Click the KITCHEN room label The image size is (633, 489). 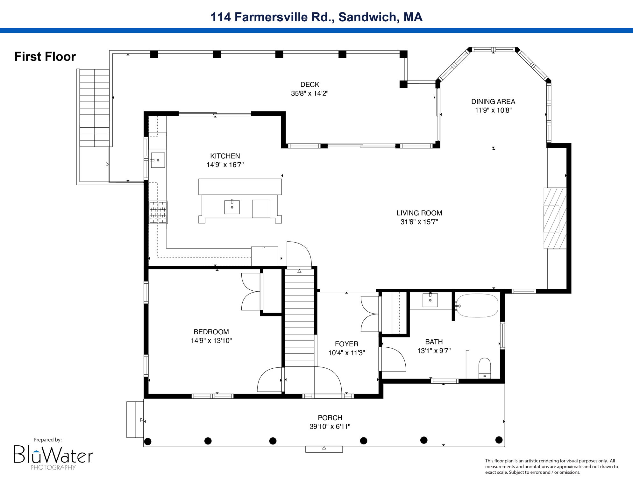coord(225,156)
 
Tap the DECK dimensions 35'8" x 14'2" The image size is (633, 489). coord(309,94)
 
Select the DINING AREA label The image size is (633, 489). coord(493,102)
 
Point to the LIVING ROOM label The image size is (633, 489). coord(419,213)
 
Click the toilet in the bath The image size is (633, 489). coord(485,368)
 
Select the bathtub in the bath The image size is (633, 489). coord(477,306)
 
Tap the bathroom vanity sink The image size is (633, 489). coord(430,300)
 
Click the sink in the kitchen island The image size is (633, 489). coord(232,207)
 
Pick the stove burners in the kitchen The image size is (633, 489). coord(158,212)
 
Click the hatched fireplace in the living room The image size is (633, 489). coord(555,218)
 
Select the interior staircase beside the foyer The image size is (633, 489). coord(299,318)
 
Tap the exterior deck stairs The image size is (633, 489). coord(94,108)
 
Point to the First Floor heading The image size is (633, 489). coord(45,57)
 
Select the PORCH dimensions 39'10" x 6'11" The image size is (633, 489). coord(330,427)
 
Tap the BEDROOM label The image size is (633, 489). coord(211,332)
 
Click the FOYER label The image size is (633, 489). coord(346,344)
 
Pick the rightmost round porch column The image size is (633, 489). coord(499,440)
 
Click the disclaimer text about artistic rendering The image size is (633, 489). coord(551,466)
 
